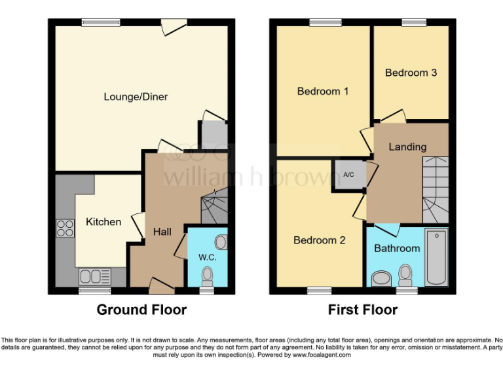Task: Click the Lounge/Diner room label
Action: click(136, 97)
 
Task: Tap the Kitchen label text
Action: click(103, 222)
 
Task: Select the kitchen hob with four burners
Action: click(65, 228)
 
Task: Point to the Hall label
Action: click(162, 232)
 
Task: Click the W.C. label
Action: click(207, 257)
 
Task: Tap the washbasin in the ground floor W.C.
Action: click(221, 243)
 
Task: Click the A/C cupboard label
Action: click(348, 174)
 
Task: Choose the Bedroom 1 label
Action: click(322, 91)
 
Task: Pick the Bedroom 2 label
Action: click(319, 240)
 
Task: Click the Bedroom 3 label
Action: click(411, 73)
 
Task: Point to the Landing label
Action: click(407, 147)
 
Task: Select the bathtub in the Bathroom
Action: click(436, 257)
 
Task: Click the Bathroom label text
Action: click(397, 248)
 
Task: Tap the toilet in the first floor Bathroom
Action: click(406, 274)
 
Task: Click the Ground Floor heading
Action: click(141, 310)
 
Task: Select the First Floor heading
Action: click(362, 310)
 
